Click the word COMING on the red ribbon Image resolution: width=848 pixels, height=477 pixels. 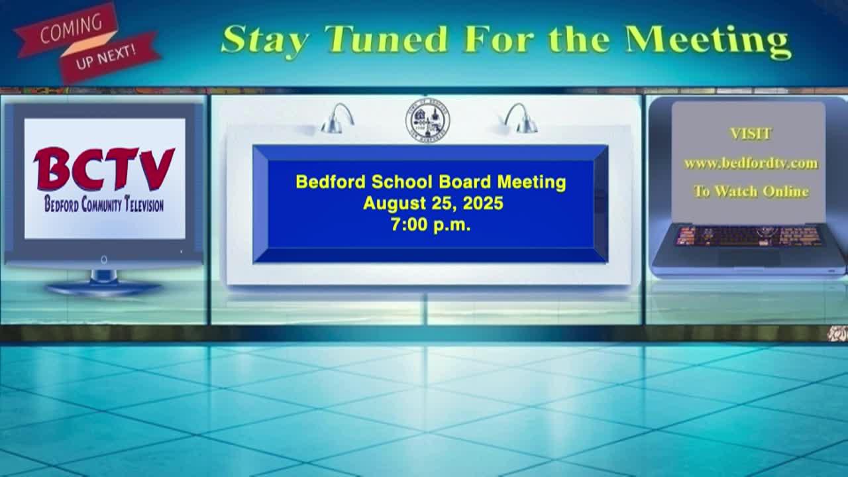71,28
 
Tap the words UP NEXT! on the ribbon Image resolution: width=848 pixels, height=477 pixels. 105,57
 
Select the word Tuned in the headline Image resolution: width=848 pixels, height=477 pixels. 386,38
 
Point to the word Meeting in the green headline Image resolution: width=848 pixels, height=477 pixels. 708,41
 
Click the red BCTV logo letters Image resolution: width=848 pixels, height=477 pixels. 104,169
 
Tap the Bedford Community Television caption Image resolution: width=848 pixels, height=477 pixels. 104,205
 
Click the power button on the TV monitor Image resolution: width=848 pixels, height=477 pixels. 104,260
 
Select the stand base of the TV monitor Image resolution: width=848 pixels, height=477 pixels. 104,288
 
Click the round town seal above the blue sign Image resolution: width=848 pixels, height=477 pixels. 428,121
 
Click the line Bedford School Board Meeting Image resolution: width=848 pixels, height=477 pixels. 431,182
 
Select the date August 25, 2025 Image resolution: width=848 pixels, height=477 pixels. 433,203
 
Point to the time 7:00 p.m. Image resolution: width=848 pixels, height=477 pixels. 431,225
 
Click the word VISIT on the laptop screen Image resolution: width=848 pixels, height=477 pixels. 751,134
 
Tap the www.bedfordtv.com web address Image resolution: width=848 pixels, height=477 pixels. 751,164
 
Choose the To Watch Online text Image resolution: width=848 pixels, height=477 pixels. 751,191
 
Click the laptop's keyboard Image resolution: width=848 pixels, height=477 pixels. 749,236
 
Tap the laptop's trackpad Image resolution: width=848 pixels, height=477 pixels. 749,258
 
